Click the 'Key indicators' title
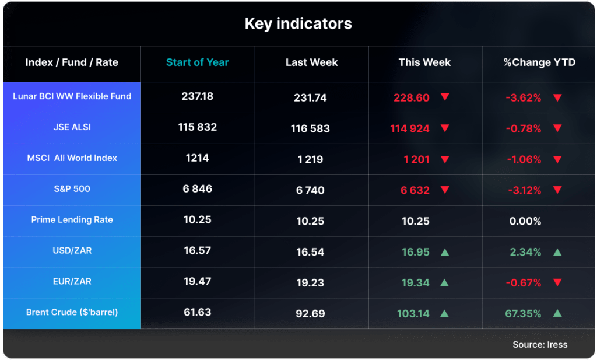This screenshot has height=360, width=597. coord(298,24)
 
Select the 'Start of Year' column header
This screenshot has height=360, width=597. coord(197,62)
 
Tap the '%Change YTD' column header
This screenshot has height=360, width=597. coord(539,62)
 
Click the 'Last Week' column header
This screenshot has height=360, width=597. coord(311,62)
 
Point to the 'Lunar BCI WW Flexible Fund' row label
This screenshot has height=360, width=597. coord(72,96)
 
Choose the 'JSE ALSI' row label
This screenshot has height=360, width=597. coord(72,127)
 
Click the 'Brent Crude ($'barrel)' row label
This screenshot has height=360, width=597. coord(72,313)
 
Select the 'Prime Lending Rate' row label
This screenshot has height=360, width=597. coord(72,220)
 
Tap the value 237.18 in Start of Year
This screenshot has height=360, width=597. coord(197,96)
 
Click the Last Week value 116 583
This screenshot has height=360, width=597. coord(310,128)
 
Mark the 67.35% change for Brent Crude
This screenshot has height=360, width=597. coord(523,314)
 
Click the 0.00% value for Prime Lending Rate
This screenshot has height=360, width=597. coord(524,222)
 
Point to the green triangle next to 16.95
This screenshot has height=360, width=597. coord(445,252)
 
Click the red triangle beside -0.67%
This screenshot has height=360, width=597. coord(557,283)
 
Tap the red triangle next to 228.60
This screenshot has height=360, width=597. coord(445,97)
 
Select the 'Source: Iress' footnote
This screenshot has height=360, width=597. coord(540,345)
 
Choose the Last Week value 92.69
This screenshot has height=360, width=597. coord(310,313)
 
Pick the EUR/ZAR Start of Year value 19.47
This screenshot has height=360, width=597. coord(197,281)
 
